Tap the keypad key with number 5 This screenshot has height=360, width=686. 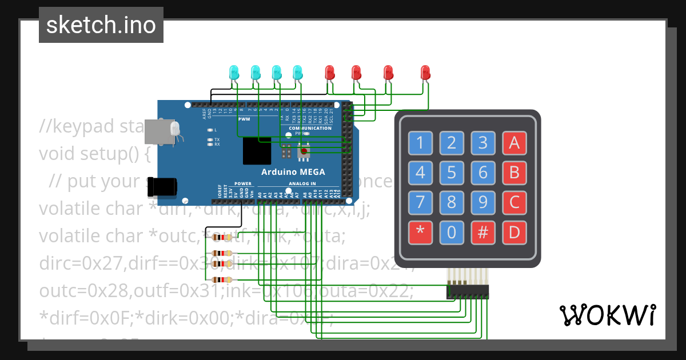tap(452, 172)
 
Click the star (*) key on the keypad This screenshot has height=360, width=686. tap(421, 232)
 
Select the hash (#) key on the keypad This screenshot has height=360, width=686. tap(482, 232)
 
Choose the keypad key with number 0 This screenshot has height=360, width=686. tap(452, 232)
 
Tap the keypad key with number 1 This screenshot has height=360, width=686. tap(421, 143)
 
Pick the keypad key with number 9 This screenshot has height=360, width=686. tap(482, 202)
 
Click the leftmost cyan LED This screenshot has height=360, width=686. tap(234, 72)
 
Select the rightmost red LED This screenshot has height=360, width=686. tap(425, 72)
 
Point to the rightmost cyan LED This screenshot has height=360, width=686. tap(297, 72)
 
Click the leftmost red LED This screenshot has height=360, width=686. tap(330, 72)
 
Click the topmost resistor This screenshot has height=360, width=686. tap(221, 238)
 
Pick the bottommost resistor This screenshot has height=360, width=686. tap(221, 279)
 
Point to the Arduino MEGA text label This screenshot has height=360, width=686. tap(293, 172)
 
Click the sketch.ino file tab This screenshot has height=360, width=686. tap(101, 25)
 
